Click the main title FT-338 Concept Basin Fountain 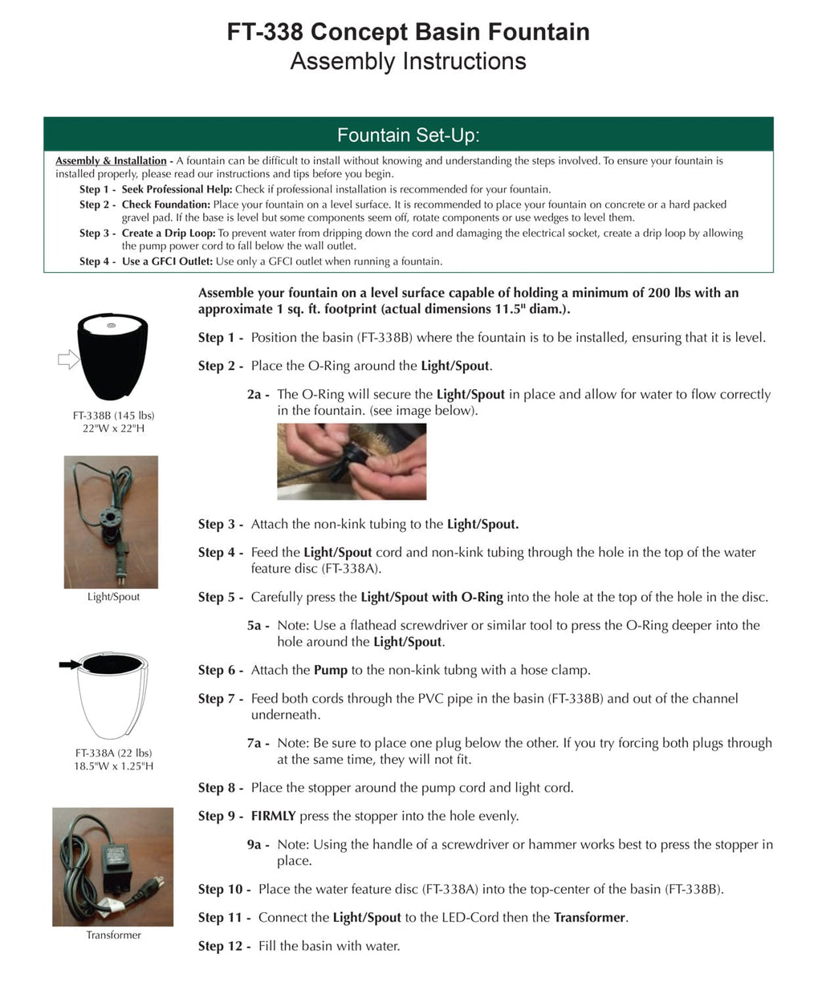click(408, 32)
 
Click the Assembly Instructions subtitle click(408, 62)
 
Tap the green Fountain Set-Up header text click(408, 135)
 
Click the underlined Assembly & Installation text click(111, 161)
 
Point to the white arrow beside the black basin click(68, 360)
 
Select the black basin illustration click(113, 356)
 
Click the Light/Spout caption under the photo click(113, 597)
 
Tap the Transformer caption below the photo click(113, 935)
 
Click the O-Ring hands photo click(352, 461)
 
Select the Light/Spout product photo click(111, 522)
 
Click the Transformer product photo click(112, 867)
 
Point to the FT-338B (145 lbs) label click(113, 416)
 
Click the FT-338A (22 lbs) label click(113, 753)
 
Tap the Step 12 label click(220, 947)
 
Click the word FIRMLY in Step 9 click(273, 817)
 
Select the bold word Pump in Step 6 click(331, 671)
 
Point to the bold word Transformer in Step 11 click(589, 918)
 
